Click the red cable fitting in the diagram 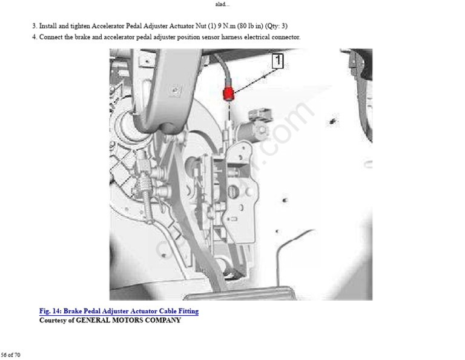(x=229, y=93)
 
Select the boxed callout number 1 (x=277, y=60)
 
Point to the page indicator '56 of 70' (x=10, y=355)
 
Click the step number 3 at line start (x=34, y=26)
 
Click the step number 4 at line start (x=34, y=37)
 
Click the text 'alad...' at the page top (x=222, y=4)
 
